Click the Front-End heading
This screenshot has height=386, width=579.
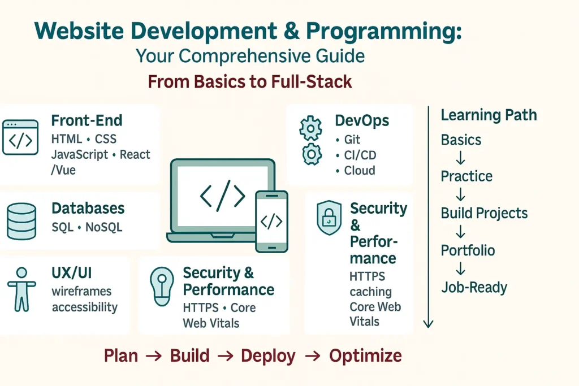pos(87,120)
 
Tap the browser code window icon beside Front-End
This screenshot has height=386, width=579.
pos(20,137)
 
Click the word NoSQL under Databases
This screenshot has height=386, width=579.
pos(103,228)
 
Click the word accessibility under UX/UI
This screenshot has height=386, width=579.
pos(84,307)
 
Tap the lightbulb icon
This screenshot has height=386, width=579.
pos(162,285)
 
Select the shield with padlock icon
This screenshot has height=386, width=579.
pos(329,218)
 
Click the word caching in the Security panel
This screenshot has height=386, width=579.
pos(370,292)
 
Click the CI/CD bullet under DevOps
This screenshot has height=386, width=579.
pos(360,155)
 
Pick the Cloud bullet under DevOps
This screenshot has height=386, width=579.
pos(360,170)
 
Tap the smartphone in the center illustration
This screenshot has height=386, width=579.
pos(271,220)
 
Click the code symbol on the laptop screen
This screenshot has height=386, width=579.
pos(223,195)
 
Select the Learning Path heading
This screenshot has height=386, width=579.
pos(489,115)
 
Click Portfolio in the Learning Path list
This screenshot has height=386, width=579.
pos(468,250)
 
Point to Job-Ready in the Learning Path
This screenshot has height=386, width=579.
pos(474,288)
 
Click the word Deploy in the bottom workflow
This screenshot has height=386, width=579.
pos(268,356)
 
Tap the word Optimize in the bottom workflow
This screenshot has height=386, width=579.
pos(365,356)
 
